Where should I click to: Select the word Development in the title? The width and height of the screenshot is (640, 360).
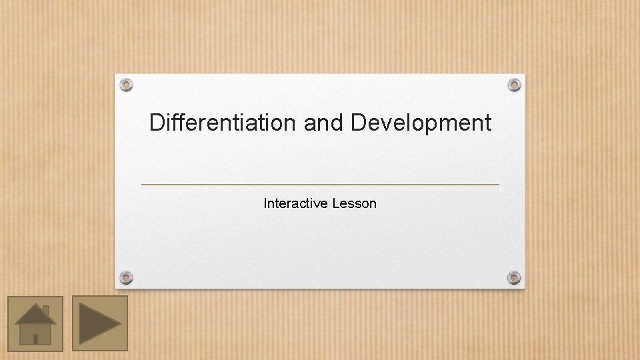point(421,123)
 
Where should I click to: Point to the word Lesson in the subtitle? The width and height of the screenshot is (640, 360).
point(354,203)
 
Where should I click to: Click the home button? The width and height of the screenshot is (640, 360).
point(35,323)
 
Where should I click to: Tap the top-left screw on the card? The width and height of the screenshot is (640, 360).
point(126,85)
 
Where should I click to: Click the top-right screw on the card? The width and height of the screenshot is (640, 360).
point(514,85)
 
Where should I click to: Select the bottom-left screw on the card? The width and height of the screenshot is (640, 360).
point(126,277)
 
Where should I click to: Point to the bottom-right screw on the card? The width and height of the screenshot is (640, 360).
point(514,277)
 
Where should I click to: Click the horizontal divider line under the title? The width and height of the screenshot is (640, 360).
point(320,184)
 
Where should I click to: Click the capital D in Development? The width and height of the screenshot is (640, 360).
point(358,123)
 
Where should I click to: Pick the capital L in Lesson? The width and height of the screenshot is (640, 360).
point(335,203)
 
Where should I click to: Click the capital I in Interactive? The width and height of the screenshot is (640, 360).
point(265,203)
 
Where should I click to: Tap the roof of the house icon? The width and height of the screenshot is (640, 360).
point(35,314)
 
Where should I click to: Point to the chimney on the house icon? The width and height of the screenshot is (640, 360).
point(46,311)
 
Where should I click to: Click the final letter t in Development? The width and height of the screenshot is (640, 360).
point(487,123)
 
